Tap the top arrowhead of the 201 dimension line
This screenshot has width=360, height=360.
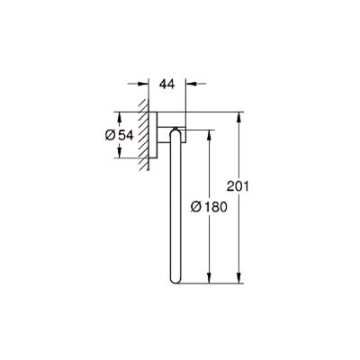[240, 115]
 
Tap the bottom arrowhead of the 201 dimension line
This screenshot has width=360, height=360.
[240, 279]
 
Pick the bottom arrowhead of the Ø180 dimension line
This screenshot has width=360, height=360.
[211, 279]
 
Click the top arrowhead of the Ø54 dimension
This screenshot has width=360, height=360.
[118, 115]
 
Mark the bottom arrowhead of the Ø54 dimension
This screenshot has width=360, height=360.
[118, 154]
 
